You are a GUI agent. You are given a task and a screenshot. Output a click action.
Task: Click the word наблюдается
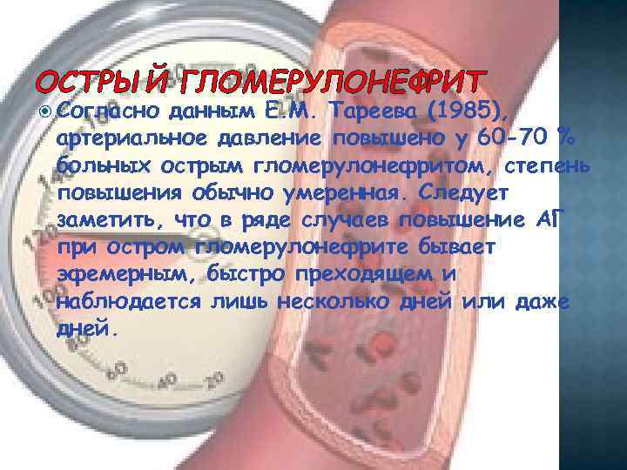coord(131,302)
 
